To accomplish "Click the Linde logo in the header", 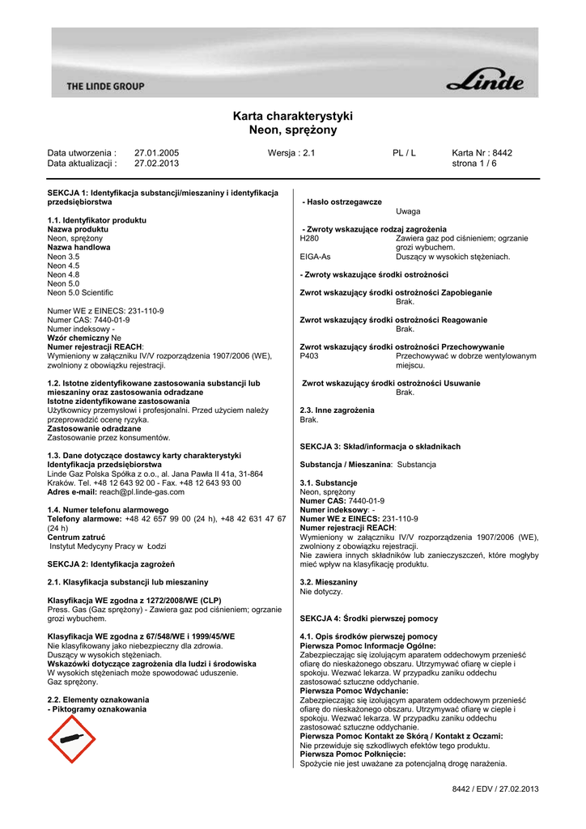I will point(486,83).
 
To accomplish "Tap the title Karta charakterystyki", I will point(292,116).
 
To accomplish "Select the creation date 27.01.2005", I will point(156,152).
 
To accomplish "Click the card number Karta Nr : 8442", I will point(482,152).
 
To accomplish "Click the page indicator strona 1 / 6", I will point(474,163).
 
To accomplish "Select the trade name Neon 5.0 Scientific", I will point(80,292).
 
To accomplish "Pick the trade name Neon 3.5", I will point(63,257).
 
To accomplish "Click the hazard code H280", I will point(309,238).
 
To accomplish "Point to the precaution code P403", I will point(309,356).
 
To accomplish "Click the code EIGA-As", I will point(315,257).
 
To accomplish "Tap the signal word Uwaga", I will point(408,210).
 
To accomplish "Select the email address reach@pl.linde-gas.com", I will point(137,492).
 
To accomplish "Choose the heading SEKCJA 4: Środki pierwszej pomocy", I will point(368,619).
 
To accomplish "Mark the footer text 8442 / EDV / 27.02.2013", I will point(495,789).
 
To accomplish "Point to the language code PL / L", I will point(404,152).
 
